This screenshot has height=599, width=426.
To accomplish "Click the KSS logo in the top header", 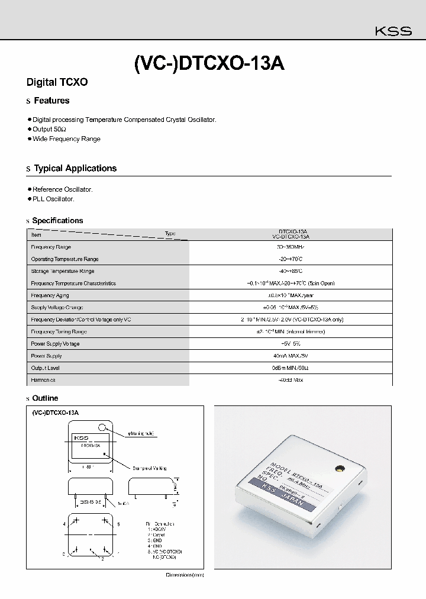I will pyautogui.click(x=395, y=32).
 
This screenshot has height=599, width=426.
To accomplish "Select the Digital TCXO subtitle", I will pyautogui.click(x=57, y=82).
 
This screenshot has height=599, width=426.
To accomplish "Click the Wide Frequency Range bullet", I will pyautogui.click(x=66, y=139).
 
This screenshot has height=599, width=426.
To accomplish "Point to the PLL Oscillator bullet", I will pyautogui.click(x=53, y=199).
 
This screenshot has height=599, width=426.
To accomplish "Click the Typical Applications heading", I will pyautogui.click(x=75, y=169).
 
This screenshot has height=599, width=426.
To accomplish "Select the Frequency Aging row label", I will pyautogui.click(x=50, y=295).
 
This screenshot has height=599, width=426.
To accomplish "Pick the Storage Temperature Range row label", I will pyautogui.click(x=62, y=271).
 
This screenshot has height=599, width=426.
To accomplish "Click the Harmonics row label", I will pyautogui.click(x=43, y=380).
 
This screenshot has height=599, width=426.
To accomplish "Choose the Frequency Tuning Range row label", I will pyautogui.click(x=59, y=331).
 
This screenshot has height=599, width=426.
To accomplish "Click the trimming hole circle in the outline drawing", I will pyautogui.click(x=103, y=427).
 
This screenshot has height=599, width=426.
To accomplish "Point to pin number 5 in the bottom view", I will pyautogui.click(x=118, y=524).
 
